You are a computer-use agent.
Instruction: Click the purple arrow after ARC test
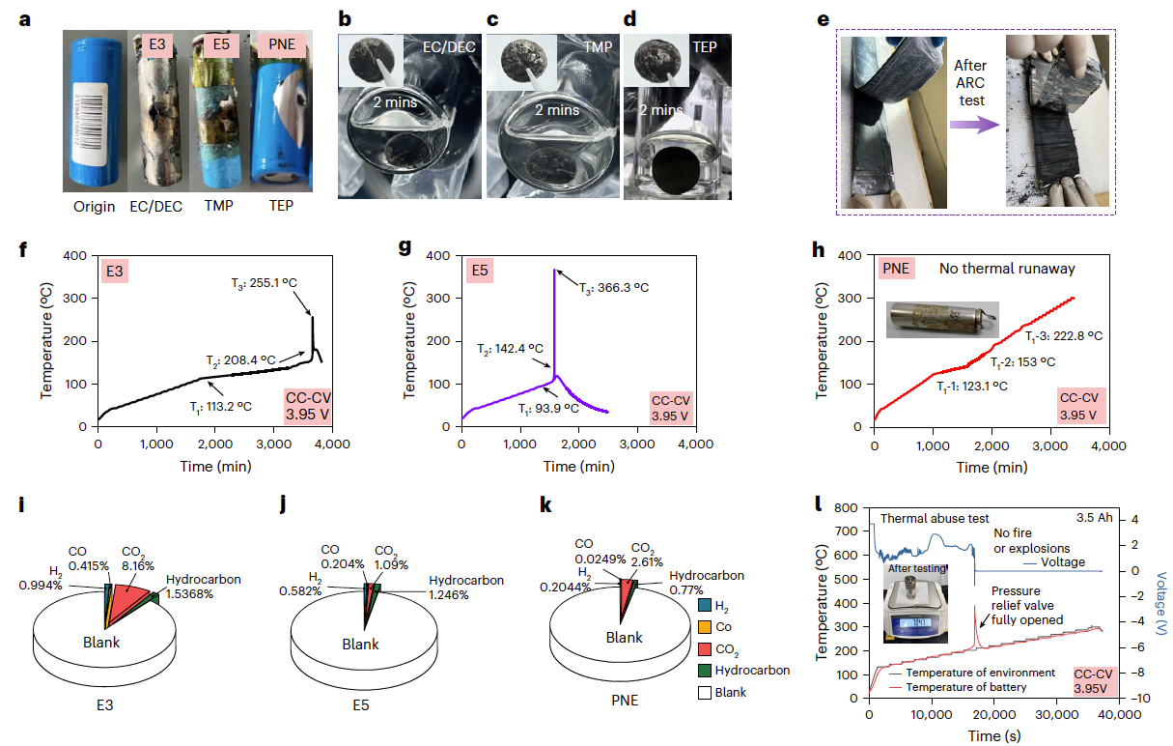pos(973,125)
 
